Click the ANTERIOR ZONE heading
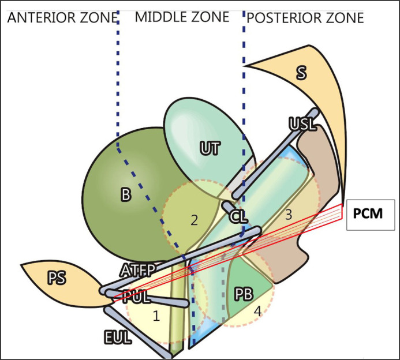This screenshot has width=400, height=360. click(x=58, y=18)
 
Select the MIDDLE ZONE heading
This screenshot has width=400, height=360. click(x=181, y=18)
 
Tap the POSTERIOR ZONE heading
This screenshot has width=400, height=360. click(x=305, y=18)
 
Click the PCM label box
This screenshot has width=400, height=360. click(x=370, y=215)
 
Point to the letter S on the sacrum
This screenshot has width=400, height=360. click(x=301, y=72)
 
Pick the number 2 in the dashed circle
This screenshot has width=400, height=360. click(x=195, y=220)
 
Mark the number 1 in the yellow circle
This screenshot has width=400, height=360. click(x=155, y=316)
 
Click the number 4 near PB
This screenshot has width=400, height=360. click(x=257, y=312)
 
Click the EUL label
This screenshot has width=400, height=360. click(x=118, y=337)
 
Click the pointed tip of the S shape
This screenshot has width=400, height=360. click(x=245, y=66)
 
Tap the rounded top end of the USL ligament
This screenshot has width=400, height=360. click(x=315, y=112)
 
